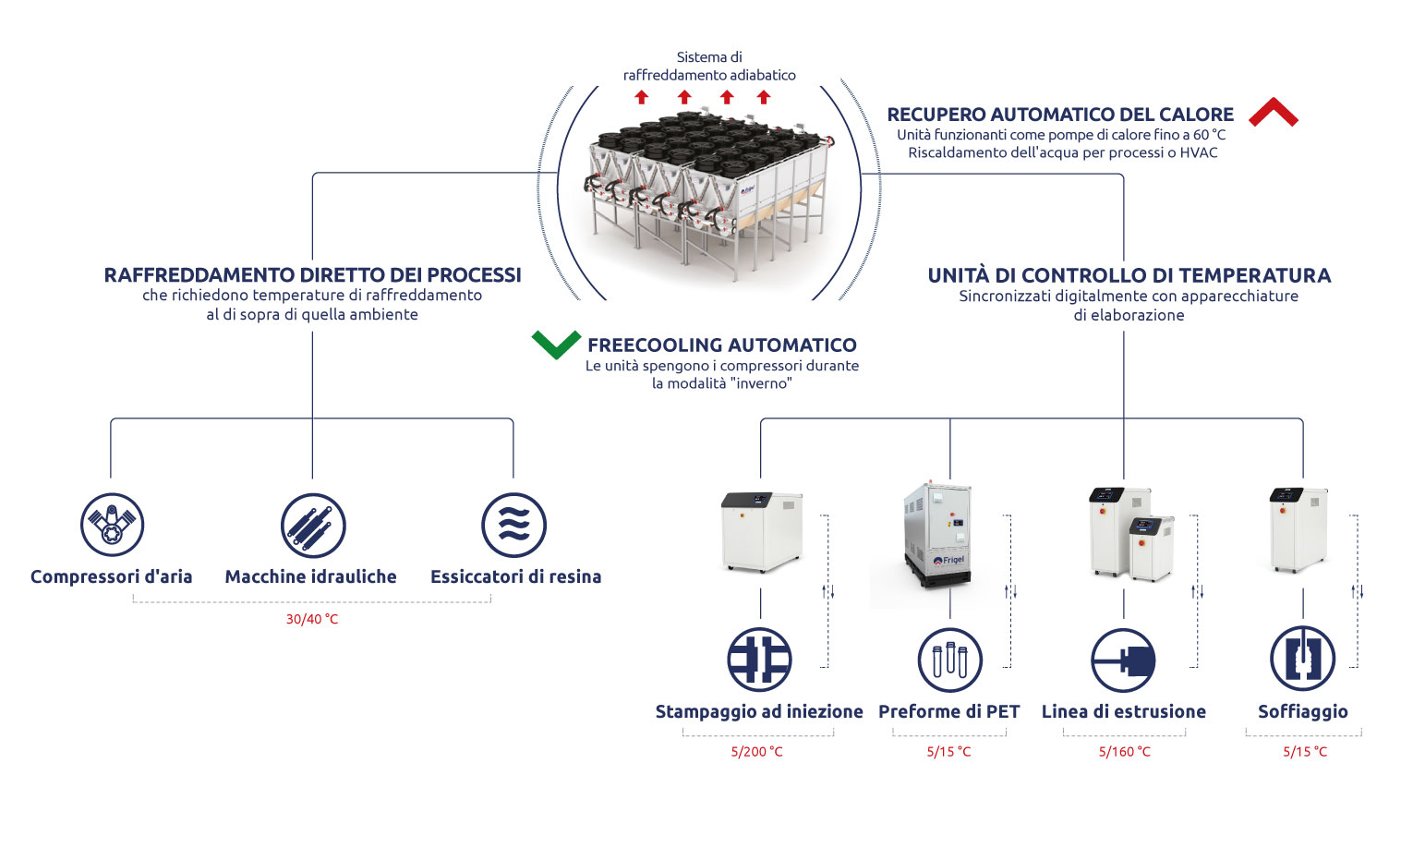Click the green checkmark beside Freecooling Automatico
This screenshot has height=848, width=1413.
(556, 344)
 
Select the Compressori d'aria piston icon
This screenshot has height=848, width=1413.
(113, 525)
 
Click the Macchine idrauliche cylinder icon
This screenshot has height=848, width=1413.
(313, 525)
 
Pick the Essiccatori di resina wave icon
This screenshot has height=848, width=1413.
(514, 525)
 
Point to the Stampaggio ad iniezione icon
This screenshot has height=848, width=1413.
(759, 660)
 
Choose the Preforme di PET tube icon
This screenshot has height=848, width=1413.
(949, 660)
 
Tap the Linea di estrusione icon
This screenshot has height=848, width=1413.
(1123, 660)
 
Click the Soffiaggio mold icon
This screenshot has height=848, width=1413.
(1302, 659)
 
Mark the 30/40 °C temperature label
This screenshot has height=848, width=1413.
(312, 619)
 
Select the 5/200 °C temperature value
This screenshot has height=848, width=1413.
(756, 751)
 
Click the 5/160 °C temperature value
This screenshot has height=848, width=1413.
(1124, 751)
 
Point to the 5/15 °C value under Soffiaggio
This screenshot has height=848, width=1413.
(1304, 751)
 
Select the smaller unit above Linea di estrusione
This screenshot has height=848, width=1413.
(1152, 547)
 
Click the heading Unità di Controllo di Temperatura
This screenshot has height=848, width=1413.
(1129, 275)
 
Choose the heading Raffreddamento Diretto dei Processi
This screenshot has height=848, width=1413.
(312, 275)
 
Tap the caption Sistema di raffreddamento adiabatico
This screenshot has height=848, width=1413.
(709, 66)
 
